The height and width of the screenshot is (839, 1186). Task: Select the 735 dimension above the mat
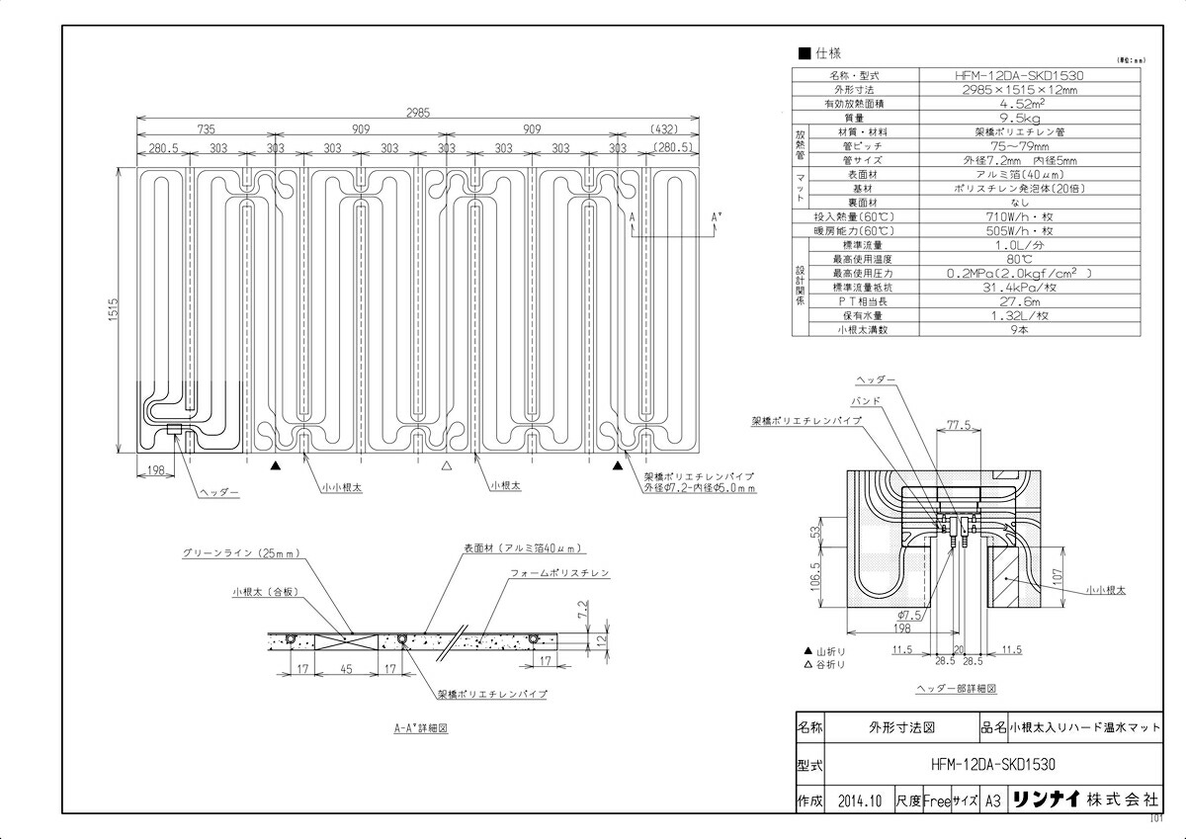pos(205,129)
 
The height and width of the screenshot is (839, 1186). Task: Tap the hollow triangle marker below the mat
pos(447,464)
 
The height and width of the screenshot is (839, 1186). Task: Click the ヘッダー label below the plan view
pos(219,492)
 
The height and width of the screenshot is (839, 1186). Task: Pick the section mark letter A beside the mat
pos(631,213)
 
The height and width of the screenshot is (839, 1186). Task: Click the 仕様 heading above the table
pos(821,55)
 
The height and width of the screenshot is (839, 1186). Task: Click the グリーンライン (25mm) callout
pos(247,554)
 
